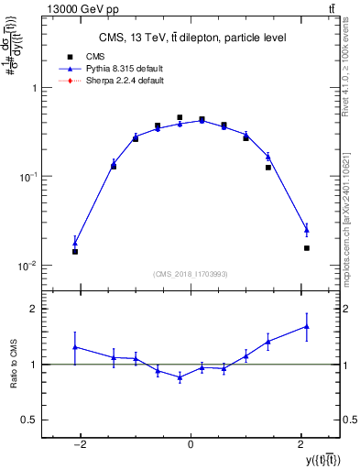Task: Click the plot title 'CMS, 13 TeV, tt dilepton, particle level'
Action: pyautogui.click(x=190, y=38)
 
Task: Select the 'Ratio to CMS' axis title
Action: pyautogui.click(x=12, y=364)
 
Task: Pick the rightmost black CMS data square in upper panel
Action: pyautogui.click(x=307, y=247)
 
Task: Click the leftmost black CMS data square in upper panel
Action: pyautogui.click(x=75, y=251)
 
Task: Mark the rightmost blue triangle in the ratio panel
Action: pyautogui.click(x=307, y=326)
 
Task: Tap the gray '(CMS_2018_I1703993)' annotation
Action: pyautogui.click(x=191, y=273)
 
